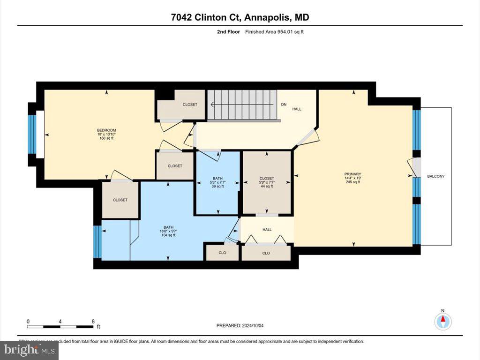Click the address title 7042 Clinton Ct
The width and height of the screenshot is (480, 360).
point(240,18)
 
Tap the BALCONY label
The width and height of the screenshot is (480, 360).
point(435,176)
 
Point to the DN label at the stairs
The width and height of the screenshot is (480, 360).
point(284,105)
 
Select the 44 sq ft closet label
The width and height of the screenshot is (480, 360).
point(266,182)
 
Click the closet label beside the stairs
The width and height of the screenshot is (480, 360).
point(190,105)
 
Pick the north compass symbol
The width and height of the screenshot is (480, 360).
point(442,321)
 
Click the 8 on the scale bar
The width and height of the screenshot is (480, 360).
point(93,322)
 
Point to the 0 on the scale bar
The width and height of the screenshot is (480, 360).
point(28,322)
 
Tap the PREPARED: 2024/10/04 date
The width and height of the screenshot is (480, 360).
point(243,325)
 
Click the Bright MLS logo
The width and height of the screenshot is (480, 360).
point(29,350)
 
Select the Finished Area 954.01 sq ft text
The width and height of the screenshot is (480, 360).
point(277,32)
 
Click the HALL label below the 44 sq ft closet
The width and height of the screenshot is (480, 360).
point(267,230)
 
